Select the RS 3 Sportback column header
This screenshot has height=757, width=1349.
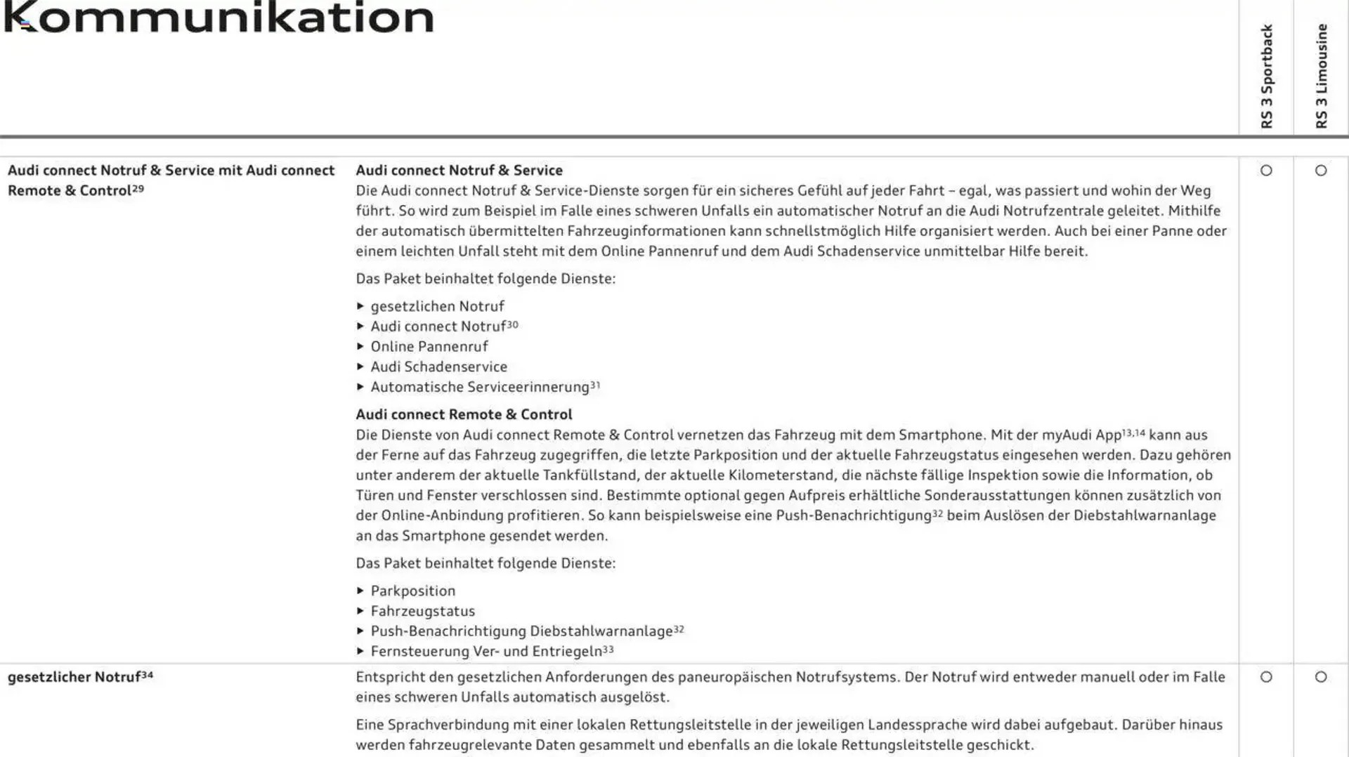pyautogui.click(x=1266, y=76)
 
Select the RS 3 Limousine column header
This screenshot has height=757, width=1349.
pyautogui.click(x=1321, y=76)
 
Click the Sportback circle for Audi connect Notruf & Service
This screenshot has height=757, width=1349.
pyautogui.click(x=1266, y=171)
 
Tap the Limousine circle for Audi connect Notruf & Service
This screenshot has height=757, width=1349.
pyautogui.click(x=1321, y=171)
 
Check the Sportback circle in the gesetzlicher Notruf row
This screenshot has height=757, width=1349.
pyautogui.click(x=1266, y=677)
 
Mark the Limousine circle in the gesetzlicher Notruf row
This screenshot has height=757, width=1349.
pyautogui.click(x=1321, y=677)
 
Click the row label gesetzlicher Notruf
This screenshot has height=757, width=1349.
pyautogui.click(x=74, y=678)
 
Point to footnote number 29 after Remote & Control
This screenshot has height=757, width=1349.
pyautogui.click(x=138, y=188)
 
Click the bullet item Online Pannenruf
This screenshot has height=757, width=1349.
pyautogui.click(x=429, y=347)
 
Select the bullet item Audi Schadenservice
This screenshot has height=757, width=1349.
pyautogui.click(x=438, y=367)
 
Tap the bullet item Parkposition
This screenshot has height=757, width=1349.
pyautogui.click(x=413, y=591)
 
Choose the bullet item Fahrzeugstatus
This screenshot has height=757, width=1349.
pyautogui.click(x=423, y=612)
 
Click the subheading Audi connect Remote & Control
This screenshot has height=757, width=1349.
pyautogui.click(x=464, y=414)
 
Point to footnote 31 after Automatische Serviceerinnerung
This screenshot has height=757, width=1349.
pyautogui.click(x=595, y=385)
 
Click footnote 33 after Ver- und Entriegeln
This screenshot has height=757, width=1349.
pyautogui.click(x=608, y=650)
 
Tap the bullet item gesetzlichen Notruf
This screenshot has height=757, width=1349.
pyautogui.click(x=437, y=307)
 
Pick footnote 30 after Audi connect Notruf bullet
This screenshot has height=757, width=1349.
pyautogui.click(x=512, y=324)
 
